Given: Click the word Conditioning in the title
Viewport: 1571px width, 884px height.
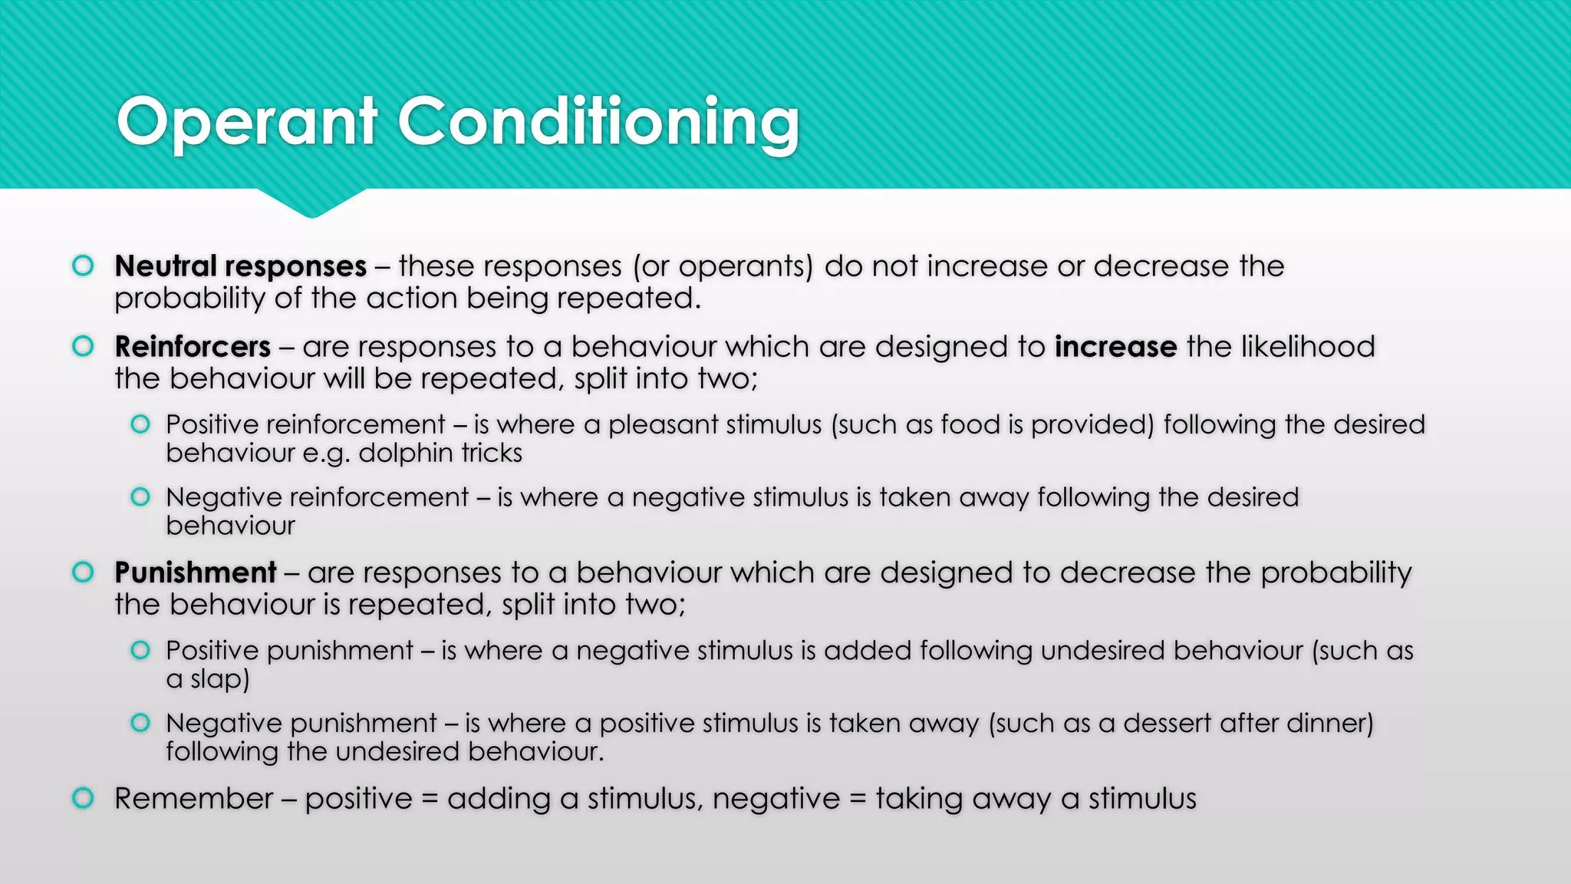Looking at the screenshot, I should [x=598, y=123].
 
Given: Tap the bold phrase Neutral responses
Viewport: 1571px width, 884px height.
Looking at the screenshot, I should [x=240, y=266].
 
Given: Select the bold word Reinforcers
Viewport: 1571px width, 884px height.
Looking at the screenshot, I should [x=193, y=347].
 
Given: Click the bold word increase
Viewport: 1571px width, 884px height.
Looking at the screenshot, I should [x=1115, y=347].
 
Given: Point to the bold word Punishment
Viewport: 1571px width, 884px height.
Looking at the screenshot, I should [x=196, y=573].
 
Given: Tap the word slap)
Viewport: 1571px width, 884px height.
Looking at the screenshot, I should [x=219, y=679].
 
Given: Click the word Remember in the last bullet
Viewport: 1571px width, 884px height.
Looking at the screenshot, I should [x=193, y=799].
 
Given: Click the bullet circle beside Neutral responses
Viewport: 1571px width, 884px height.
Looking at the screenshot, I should [x=83, y=266].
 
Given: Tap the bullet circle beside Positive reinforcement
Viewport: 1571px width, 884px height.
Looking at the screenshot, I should [x=140, y=424].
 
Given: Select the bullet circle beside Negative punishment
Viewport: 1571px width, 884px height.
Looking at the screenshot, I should [x=140, y=723].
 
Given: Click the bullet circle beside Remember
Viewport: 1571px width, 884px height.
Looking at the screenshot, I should [x=83, y=798].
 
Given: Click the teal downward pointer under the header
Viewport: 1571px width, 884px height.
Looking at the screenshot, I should [x=311, y=203].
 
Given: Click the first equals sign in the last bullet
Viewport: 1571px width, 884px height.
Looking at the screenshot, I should [x=430, y=800].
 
